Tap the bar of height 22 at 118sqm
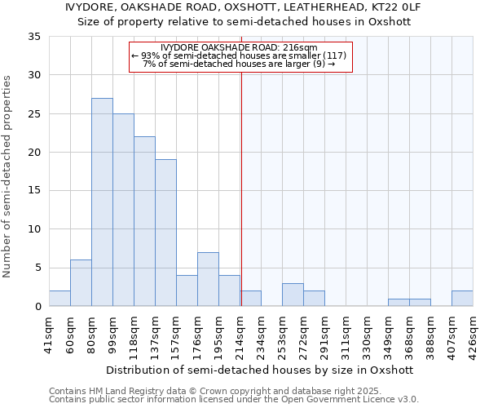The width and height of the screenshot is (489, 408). [144, 221]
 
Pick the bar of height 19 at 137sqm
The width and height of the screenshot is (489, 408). [165, 233]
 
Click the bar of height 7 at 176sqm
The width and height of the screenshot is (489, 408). [208, 279]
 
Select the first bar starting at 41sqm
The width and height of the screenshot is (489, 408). [59, 299]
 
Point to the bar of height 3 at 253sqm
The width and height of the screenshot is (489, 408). [293, 295]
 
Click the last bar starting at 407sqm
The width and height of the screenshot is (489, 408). [462, 299]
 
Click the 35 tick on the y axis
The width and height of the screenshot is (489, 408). [34, 37]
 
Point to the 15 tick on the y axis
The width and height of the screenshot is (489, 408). [34, 191]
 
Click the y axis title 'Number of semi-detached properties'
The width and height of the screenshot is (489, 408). [8, 175]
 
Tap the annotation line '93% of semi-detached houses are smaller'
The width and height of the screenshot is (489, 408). [240, 55]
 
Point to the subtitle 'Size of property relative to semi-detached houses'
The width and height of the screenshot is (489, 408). [244, 22]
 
